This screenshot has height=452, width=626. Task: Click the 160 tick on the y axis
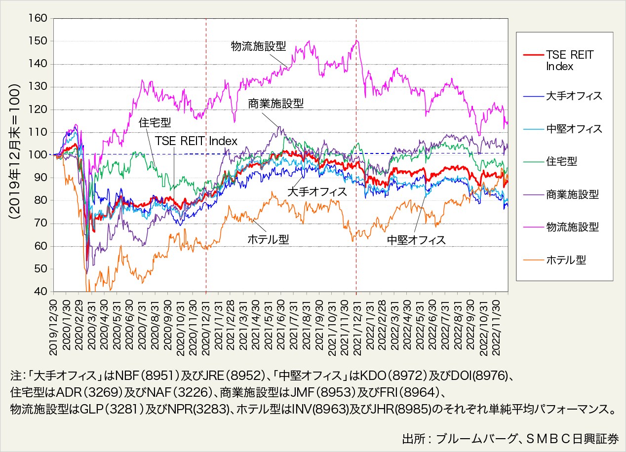(39, 19)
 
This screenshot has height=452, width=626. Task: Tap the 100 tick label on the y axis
(39, 155)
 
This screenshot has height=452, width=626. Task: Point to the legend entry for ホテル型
(566, 260)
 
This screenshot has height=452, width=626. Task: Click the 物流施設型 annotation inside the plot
(259, 46)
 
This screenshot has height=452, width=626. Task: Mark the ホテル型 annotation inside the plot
(268, 239)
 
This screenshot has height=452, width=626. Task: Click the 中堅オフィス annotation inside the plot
(416, 240)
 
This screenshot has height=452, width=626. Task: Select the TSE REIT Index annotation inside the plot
(196, 141)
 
